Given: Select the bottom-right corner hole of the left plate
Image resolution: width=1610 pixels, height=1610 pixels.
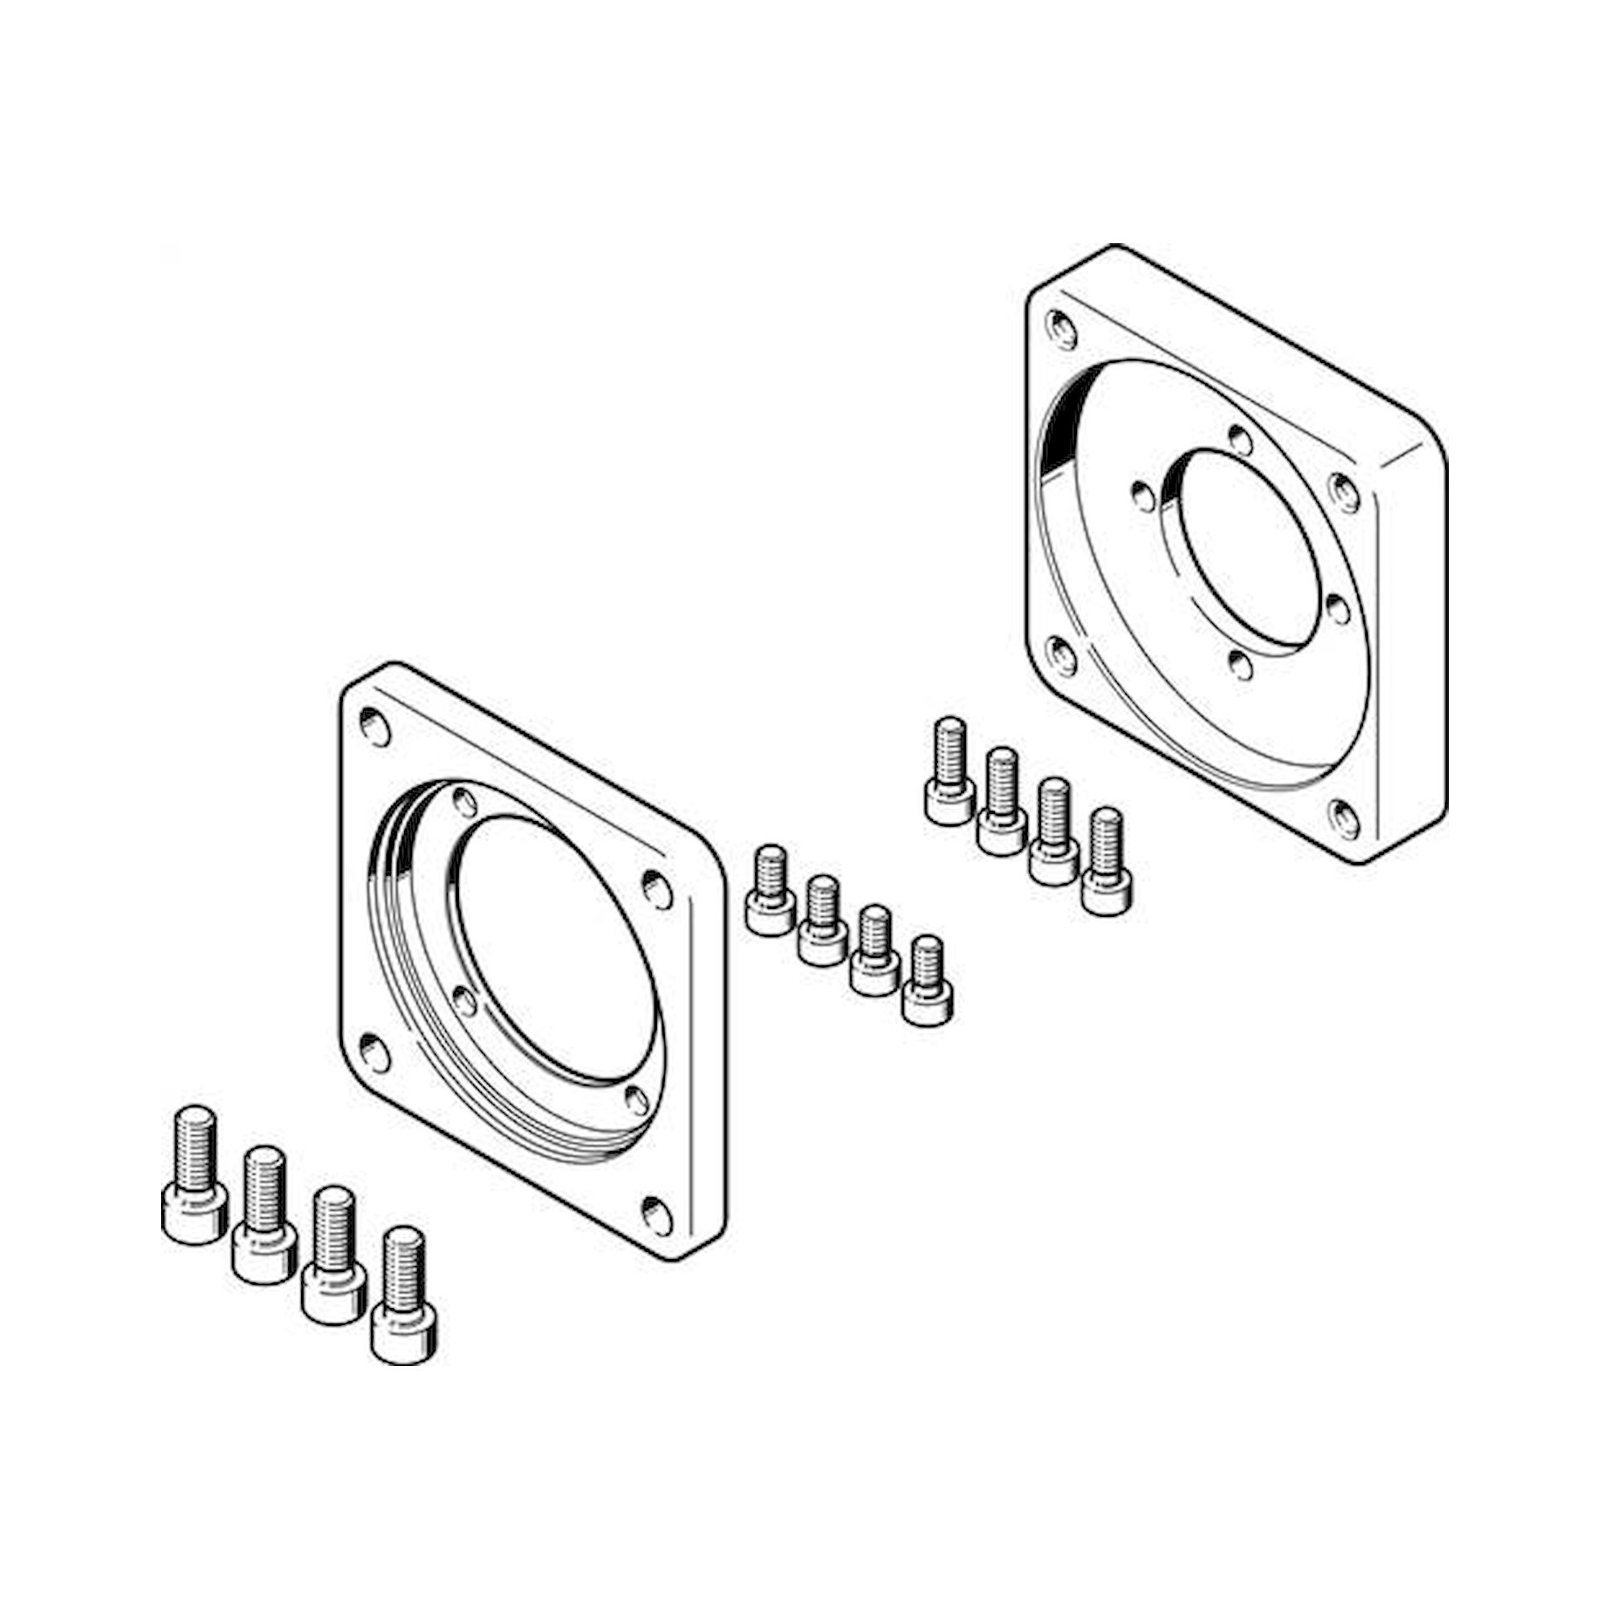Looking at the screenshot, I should (x=657, y=1216).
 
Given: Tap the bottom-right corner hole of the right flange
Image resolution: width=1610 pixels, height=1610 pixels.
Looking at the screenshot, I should (x=1344, y=820).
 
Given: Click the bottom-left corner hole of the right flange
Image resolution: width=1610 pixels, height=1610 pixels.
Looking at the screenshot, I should (x=1062, y=657).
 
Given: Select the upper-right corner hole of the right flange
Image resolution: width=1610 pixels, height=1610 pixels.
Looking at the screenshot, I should (x=1344, y=492).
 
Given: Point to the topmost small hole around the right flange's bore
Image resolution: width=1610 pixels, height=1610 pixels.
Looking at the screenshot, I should (x=1240, y=439).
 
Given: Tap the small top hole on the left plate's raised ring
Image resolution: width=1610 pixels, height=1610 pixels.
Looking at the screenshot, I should (x=464, y=803).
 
